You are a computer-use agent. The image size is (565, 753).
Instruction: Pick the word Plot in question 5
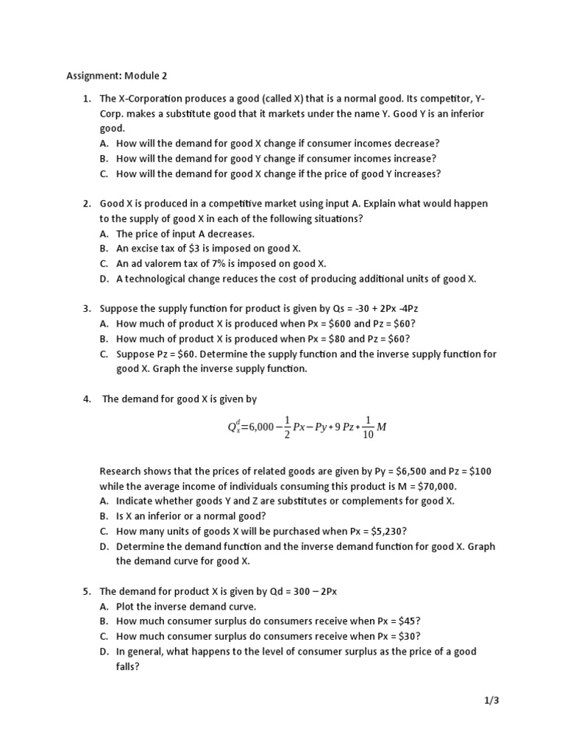point(126,607)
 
